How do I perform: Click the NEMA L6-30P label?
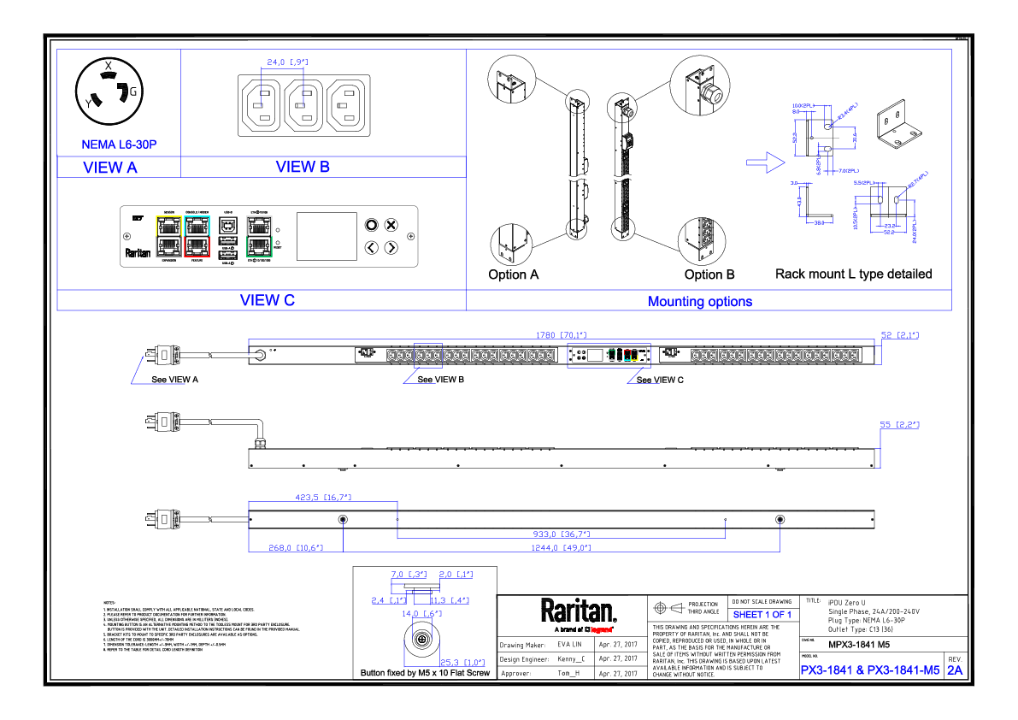[x=120, y=144]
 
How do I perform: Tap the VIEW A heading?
[x=110, y=168]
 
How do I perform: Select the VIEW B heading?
[x=303, y=168]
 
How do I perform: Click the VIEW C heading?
[x=268, y=300]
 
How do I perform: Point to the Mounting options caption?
[x=700, y=301]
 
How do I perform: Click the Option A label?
[x=514, y=274]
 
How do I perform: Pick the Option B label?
[x=709, y=274]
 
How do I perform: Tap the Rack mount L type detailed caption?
[x=853, y=274]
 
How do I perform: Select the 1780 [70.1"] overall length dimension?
[x=562, y=336]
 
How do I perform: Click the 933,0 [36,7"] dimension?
[x=562, y=534]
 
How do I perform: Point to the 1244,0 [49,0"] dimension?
[x=562, y=548]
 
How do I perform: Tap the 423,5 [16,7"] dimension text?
[x=323, y=496]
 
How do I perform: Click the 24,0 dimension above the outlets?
[x=286, y=62]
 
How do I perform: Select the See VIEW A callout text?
[x=175, y=380]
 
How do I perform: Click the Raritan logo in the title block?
[x=579, y=611]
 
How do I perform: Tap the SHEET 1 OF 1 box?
[x=762, y=615]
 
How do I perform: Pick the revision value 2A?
[x=955, y=671]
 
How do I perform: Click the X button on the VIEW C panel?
[x=391, y=225]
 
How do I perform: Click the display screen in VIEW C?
[x=326, y=236]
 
